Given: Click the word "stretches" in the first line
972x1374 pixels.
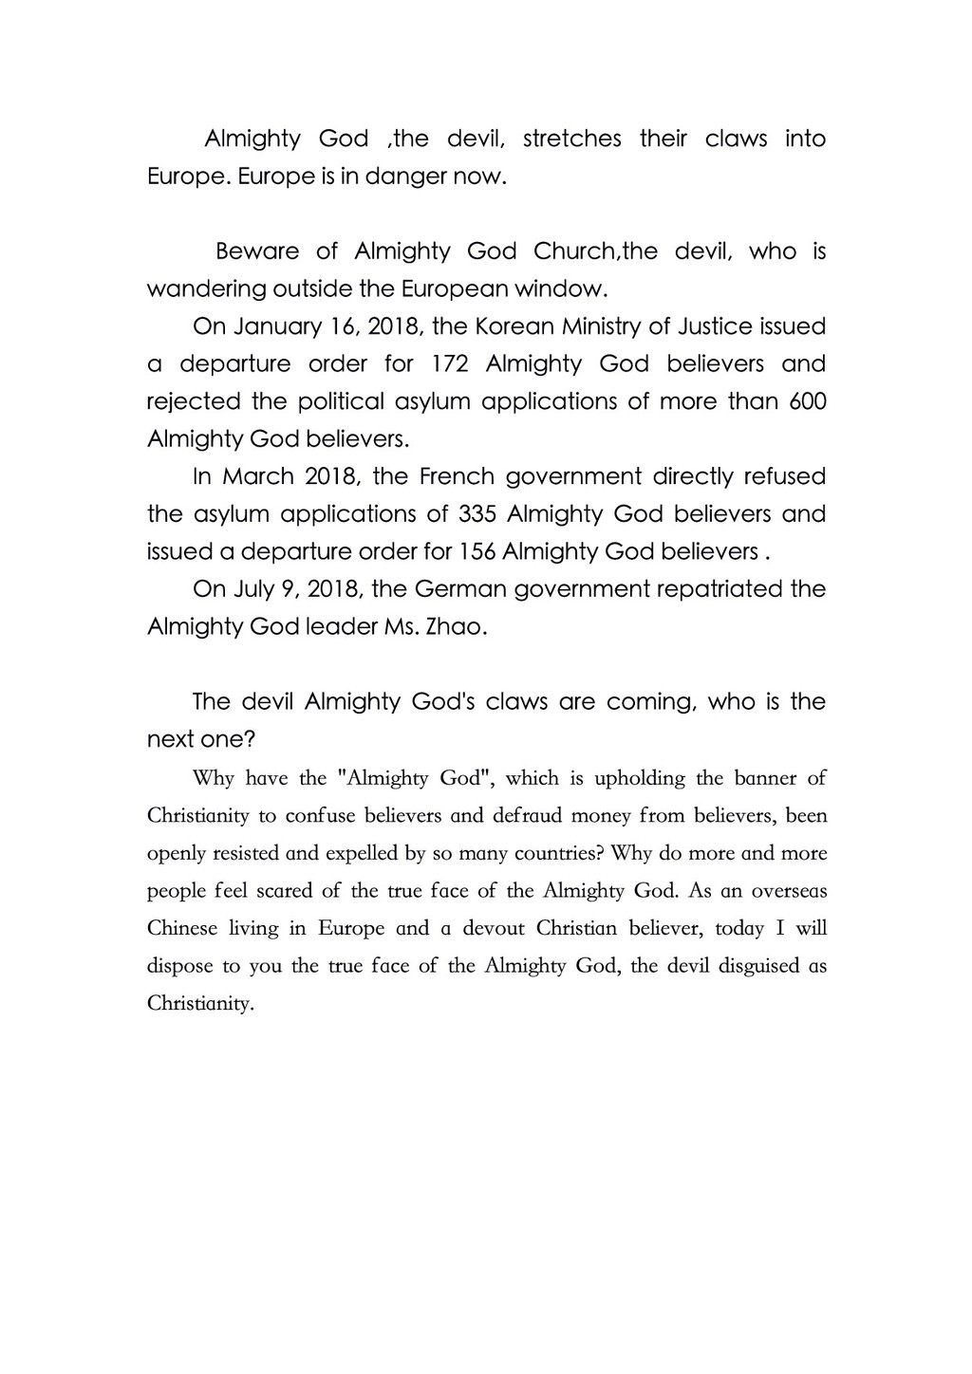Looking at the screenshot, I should [571, 139].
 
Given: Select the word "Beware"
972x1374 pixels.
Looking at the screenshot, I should [257, 251].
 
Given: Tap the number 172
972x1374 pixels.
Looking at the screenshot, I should [450, 364].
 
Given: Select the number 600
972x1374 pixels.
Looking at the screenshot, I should [808, 401].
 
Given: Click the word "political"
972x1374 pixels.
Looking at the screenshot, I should [341, 401].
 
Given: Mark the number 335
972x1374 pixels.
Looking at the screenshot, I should [477, 514].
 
